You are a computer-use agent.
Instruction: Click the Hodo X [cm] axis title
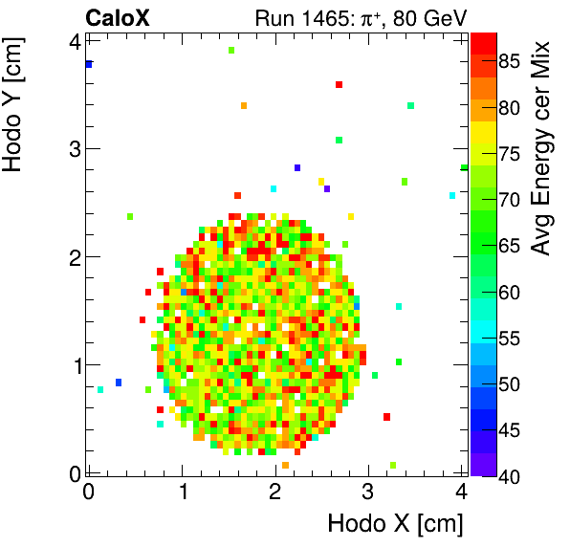click(x=395, y=524)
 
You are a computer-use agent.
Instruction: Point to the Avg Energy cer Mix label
click(x=542, y=148)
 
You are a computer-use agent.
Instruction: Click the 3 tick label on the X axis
click(x=367, y=492)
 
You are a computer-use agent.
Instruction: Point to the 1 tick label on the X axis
click(x=182, y=492)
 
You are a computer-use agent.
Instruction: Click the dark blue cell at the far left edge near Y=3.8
click(x=88, y=65)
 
